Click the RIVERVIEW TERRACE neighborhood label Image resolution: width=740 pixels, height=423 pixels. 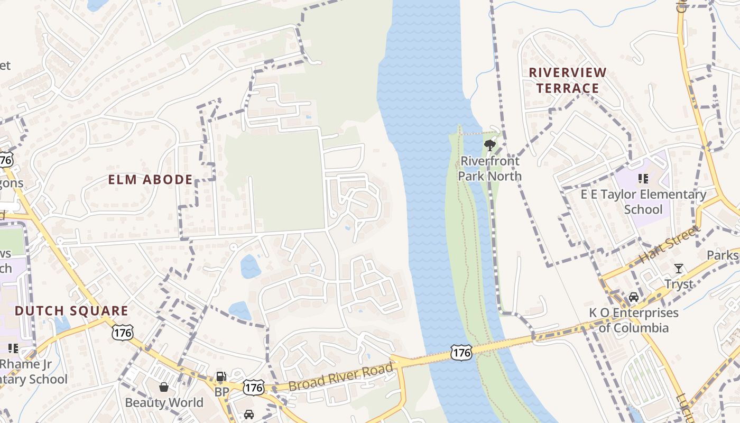click(x=568, y=80)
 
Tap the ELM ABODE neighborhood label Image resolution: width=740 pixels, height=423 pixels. click(x=151, y=180)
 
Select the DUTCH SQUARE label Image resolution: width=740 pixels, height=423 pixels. click(x=71, y=311)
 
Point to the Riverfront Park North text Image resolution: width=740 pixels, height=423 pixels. click(x=489, y=168)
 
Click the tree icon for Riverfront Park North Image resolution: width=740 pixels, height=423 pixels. click(x=490, y=144)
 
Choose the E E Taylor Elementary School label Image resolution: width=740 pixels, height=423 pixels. click(x=643, y=201)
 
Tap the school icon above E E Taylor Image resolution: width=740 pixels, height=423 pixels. click(x=643, y=179)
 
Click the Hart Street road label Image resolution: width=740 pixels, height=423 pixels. click(x=669, y=245)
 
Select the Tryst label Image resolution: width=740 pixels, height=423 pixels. click(x=679, y=284)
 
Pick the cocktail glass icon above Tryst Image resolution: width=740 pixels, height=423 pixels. click(x=679, y=269)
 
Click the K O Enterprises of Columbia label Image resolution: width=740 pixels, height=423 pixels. click(x=634, y=320)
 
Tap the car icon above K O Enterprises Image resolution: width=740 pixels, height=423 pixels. click(x=633, y=297)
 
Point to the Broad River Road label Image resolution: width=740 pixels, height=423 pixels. click(x=341, y=377)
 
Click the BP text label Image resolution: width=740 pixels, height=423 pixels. click(x=221, y=392)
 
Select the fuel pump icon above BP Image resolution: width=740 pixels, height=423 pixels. click(x=221, y=377)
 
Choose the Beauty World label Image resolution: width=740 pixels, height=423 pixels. click(x=164, y=402)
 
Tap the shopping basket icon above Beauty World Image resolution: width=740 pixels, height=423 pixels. click(x=164, y=387)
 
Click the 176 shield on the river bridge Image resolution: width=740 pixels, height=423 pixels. click(x=461, y=352)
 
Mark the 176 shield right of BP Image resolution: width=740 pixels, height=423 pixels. click(x=253, y=388)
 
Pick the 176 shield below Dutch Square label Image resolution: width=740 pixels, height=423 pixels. click(x=122, y=333)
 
